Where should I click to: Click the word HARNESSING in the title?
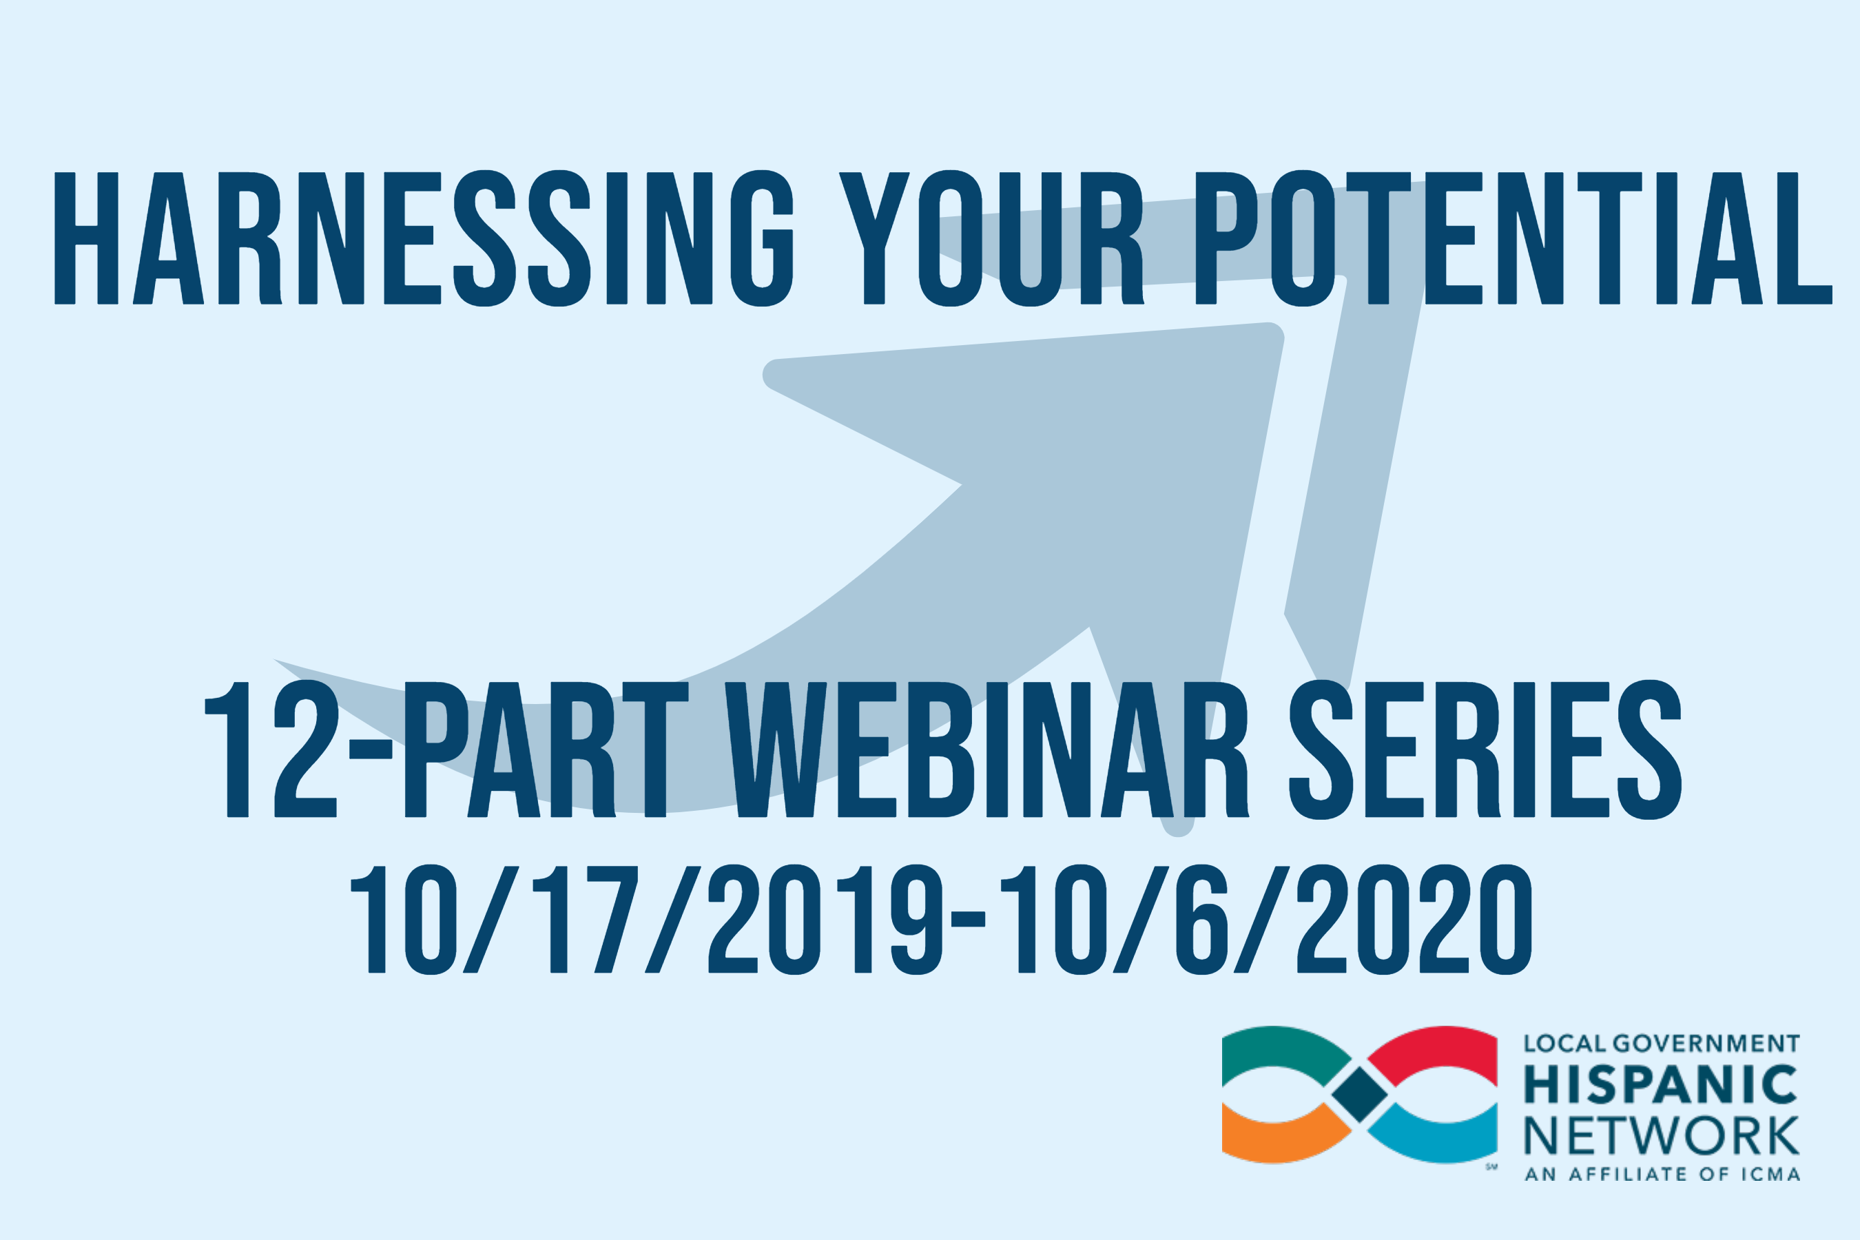point(423,238)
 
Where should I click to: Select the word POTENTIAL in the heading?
point(1513,238)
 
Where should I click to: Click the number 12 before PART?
point(271,749)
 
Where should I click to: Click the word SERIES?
point(1485,749)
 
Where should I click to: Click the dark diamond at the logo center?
point(1359,1095)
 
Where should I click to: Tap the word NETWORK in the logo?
point(1662,1137)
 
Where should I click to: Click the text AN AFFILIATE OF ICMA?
point(1662,1175)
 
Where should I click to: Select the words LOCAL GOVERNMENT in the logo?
point(1662,1044)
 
